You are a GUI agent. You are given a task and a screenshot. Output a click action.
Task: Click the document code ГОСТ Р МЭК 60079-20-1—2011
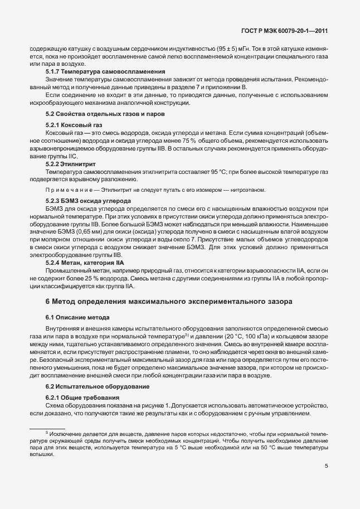[286, 32]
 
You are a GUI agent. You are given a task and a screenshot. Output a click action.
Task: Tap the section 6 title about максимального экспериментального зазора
[176, 301]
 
